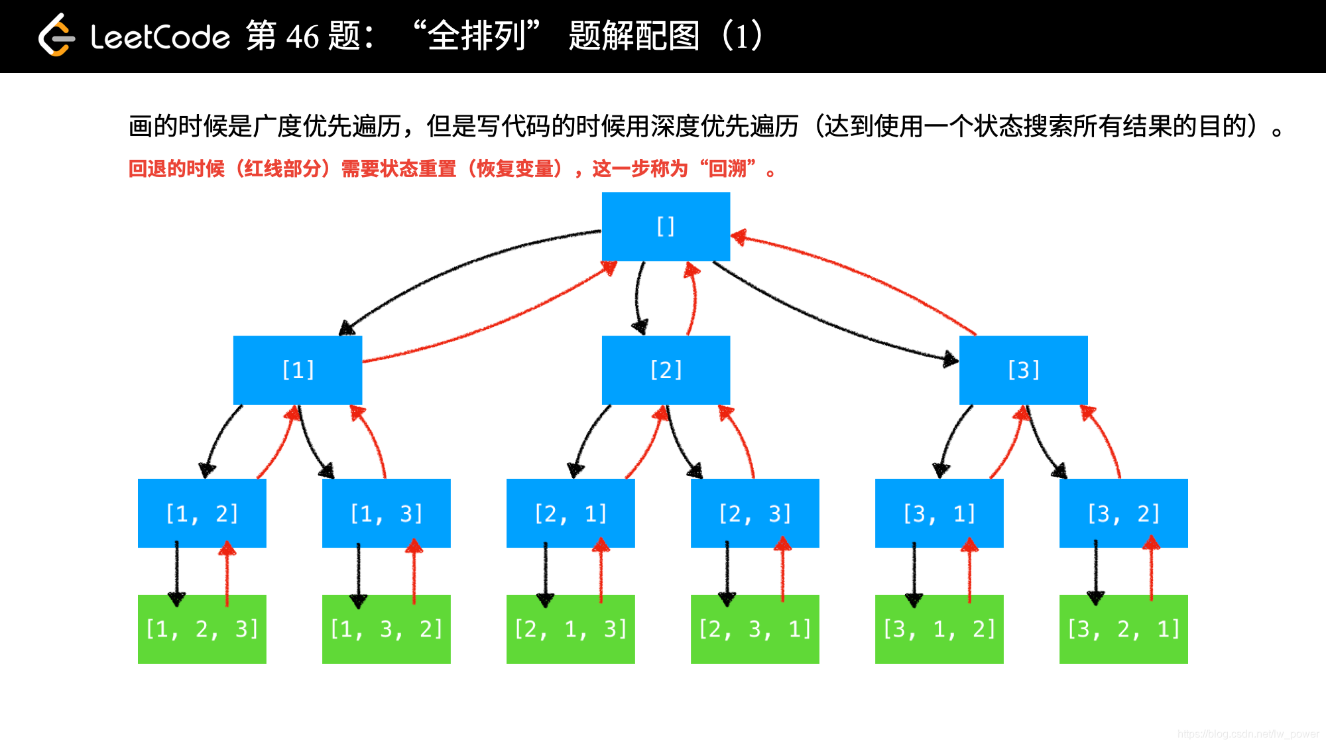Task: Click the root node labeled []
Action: pos(666,226)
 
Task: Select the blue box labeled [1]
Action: pos(298,370)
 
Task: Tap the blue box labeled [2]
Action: pos(666,370)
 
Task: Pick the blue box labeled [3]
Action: pos(1023,370)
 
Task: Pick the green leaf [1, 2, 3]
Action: pos(202,629)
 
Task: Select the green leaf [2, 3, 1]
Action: pos(754,629)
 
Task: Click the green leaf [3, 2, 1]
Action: pos(1123,629)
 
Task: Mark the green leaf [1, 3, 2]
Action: pos(386,629)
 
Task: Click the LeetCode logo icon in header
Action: pos(56,36)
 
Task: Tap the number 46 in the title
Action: pos(302,36)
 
